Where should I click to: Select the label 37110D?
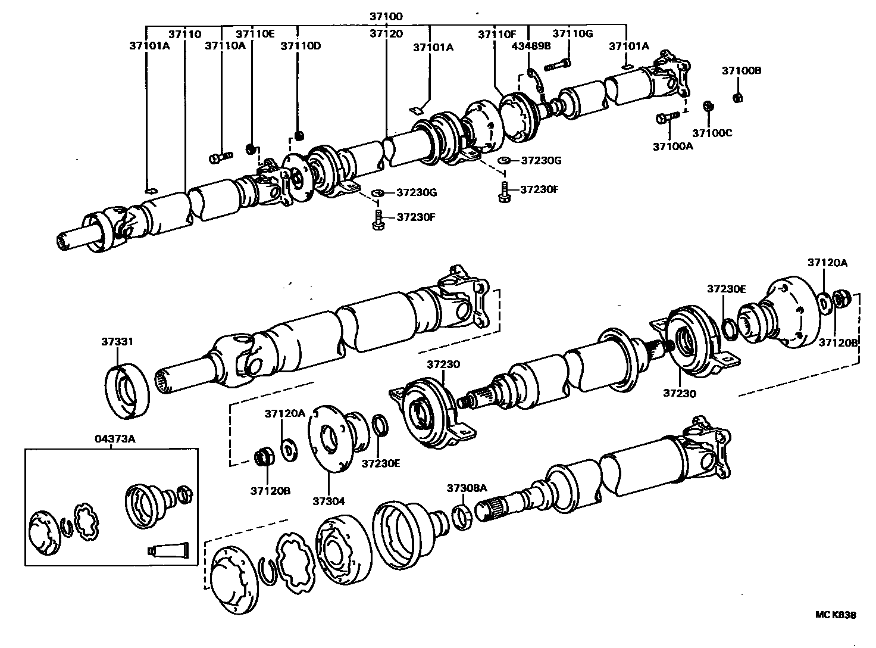click(x=301, y=46)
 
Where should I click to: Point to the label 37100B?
click(x=742, y=70)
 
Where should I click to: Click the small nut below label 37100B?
click(x=736, y=97)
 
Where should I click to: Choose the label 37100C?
click(x=712, y=133)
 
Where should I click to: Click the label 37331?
click(x=117, y=341)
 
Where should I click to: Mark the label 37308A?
click(x=467, y=488)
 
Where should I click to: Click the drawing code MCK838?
click(x=836, y=615)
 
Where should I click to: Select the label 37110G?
click(x=572, y=33)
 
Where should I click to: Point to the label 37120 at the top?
click(x=386, y=34)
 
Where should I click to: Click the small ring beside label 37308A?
click(x=463, y=516)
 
